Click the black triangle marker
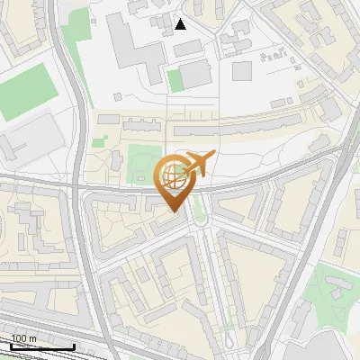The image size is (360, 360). point(181,24)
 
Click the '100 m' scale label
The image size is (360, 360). point(23,339)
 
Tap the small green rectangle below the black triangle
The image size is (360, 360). point(175,80)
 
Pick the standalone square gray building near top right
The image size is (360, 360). point(242,70)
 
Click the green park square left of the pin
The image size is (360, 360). point(141,160)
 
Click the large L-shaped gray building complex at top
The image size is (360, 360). point(135,40)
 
